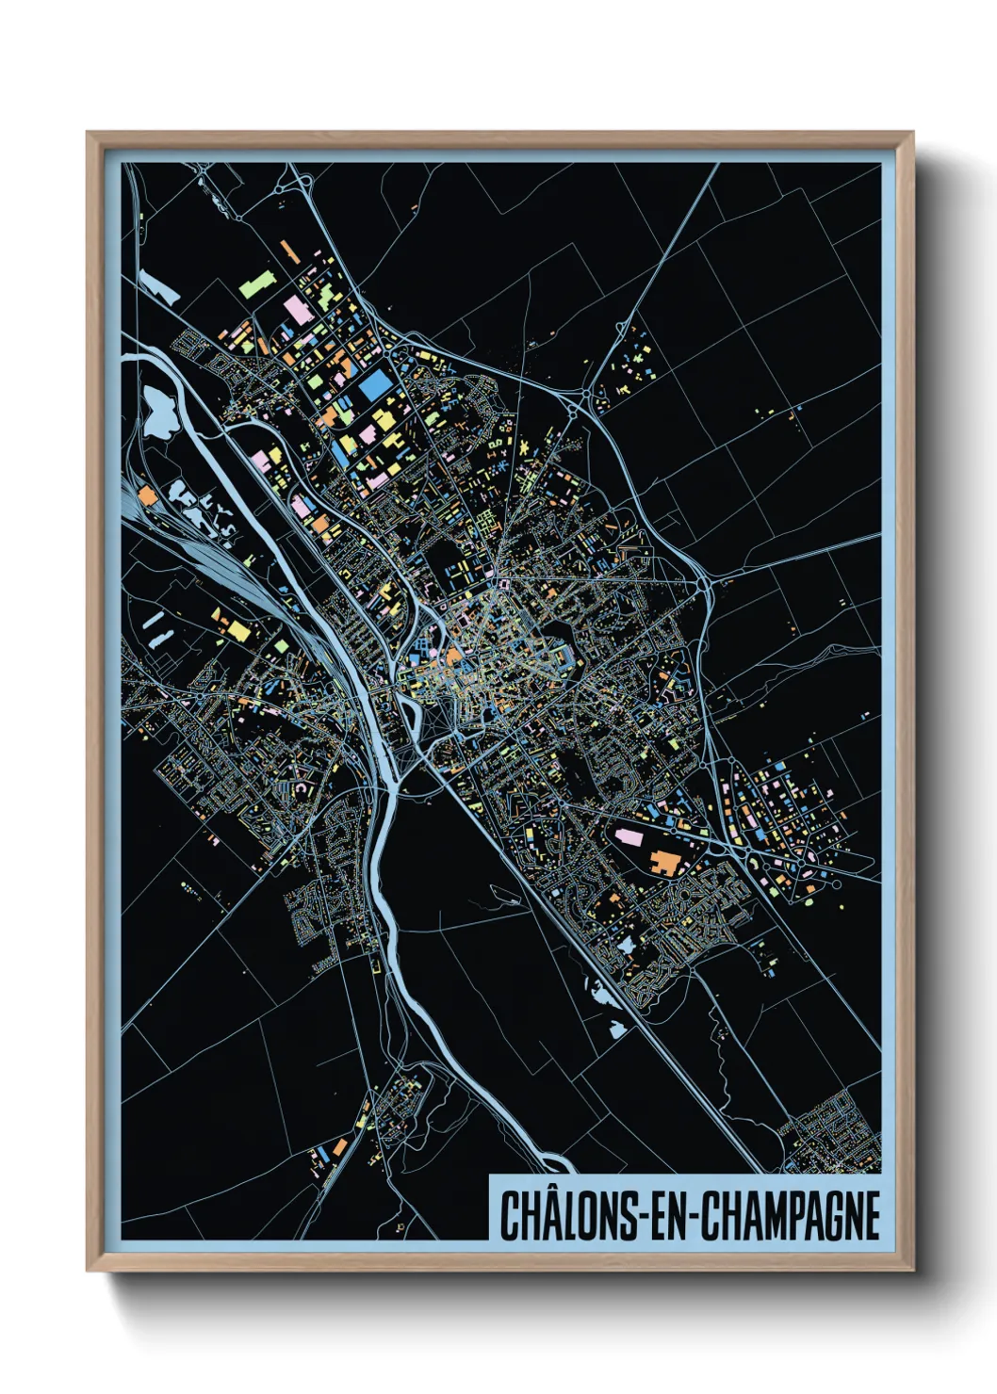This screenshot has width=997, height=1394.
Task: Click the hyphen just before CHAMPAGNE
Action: [695, 1217]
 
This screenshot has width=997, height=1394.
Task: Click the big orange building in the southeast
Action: [668, 861]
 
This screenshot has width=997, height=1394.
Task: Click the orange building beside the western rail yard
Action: [146, 493]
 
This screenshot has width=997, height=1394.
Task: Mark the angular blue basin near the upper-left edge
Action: [157, 285]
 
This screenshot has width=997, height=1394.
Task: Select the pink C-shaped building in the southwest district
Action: [302, 786]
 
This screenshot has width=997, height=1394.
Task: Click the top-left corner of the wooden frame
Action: [90, 135]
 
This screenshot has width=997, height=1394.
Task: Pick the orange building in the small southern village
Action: [339, 1146]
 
